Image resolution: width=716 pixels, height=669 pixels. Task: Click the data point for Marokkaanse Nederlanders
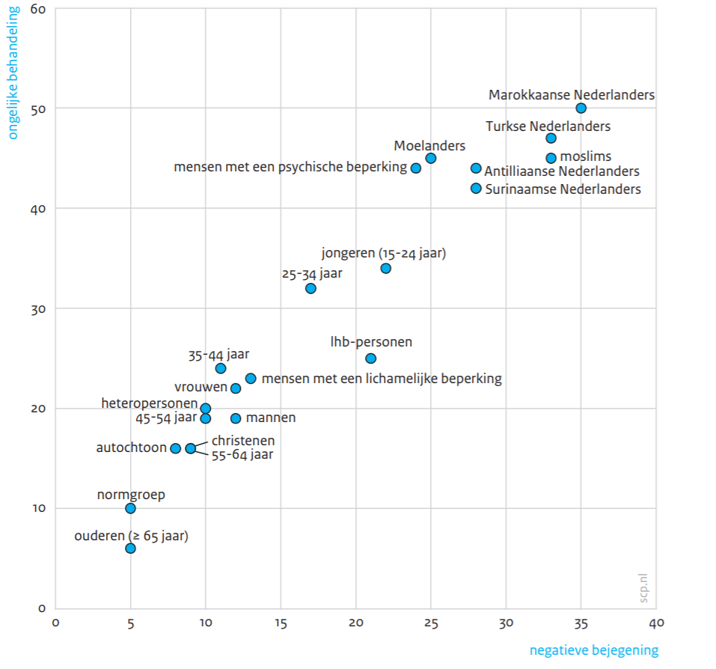581,109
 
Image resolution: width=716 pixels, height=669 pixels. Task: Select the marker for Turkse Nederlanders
551,138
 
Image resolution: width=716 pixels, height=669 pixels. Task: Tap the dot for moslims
551,158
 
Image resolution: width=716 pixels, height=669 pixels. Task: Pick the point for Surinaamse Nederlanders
476,189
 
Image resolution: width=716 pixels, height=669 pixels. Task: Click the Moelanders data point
431,158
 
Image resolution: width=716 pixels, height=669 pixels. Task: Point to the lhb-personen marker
370,358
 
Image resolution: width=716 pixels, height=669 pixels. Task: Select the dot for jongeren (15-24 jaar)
386,268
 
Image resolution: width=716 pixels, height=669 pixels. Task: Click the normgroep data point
130,508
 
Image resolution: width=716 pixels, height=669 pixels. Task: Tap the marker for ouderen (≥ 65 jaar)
130,549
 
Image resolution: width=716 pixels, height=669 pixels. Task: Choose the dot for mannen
236,418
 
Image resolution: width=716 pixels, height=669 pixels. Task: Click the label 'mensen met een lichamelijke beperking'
382,379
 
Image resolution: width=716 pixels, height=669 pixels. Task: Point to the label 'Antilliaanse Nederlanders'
562,172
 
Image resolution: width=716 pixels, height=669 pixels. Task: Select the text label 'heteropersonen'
150,403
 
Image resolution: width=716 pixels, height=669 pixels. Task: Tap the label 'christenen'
243,441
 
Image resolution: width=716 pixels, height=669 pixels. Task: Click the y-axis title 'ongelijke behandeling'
13,73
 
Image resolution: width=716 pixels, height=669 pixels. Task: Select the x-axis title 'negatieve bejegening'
594,650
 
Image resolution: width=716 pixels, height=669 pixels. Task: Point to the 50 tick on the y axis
39,109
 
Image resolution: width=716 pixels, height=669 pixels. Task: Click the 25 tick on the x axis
431,623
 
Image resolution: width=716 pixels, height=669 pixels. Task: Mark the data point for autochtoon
176,448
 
